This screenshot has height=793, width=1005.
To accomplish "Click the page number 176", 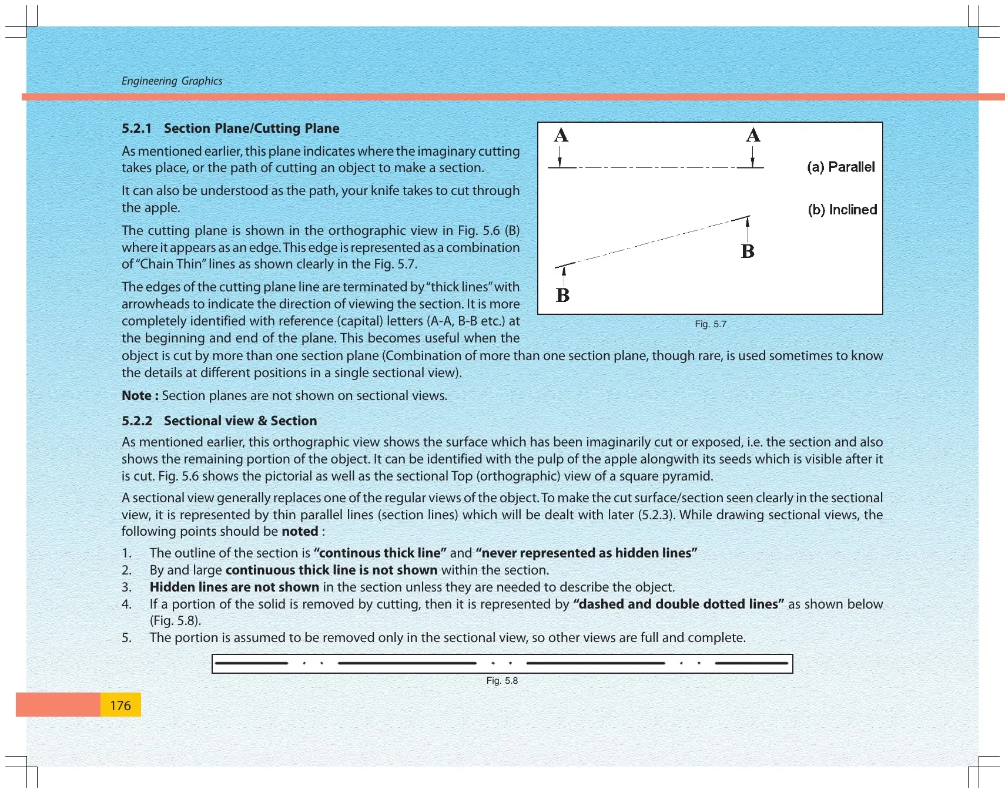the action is pyautogui.click(x=120, y=705).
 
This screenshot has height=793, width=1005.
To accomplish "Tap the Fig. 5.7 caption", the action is pyautogui.click(x=711, y=324).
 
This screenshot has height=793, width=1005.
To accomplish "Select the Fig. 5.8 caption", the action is pyautogui.click(x=502, y=680).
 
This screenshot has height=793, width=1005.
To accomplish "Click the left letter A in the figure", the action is pyautogui.click(x=561, y=136).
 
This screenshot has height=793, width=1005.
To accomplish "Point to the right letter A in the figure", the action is pyautogui.click(x=753, y=136).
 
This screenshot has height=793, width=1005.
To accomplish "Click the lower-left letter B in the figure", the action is pyautogui.click(x=562, y=295).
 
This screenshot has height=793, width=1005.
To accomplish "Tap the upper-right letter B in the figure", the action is pyautogui.click(x=748, y=251).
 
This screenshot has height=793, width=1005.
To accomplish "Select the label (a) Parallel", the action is pyautogui.click(x=841, y=167).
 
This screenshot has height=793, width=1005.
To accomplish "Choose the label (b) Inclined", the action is pyautogui.click(x=842, y=210).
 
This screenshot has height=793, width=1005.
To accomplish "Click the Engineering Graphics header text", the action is pyautogui.click(x=172, y=81).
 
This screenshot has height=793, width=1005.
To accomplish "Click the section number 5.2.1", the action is pyautogui.click(x=136, y=128).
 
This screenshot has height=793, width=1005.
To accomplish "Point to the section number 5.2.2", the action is pyautogui.click(x=137, y=421).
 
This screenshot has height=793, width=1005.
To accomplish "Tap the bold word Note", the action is pyautogui.click(x=136, y=395).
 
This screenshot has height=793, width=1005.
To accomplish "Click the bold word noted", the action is pyautogui.click(x=300, y=532).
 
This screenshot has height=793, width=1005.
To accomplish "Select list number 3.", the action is pyautogui.click(x=126, y=587).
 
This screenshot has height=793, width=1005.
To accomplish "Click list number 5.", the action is pyautogui.click(x=126, y=637).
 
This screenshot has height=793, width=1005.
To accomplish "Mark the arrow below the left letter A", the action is pyautogui.click(x=560, y=157).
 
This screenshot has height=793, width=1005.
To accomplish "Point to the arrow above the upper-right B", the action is pyautogui.click(x=747, y=229).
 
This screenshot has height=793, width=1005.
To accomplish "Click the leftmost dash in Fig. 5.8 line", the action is pyautogui.click(x=252, y=663).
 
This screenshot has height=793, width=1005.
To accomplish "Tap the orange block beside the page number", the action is pyautogui.click(x=58, y=704).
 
